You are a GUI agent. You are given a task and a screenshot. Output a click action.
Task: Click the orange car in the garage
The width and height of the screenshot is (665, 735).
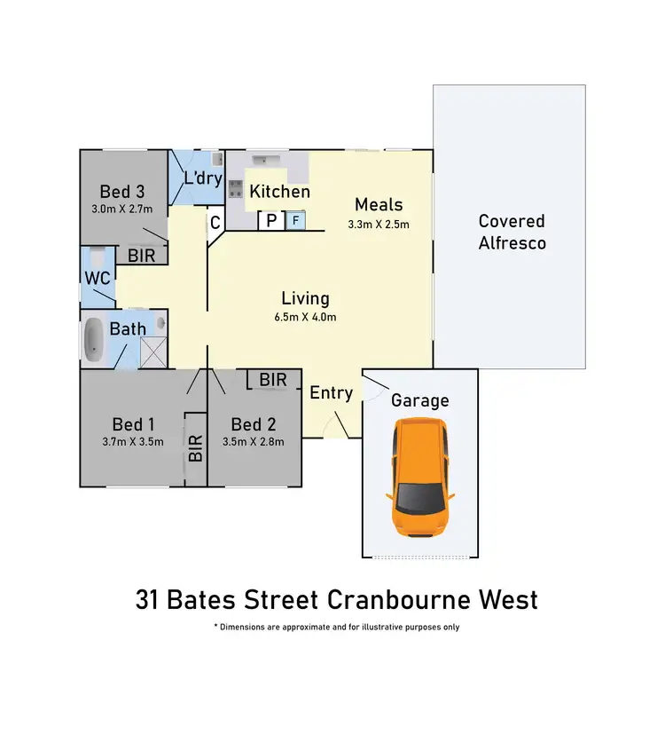pos(420,479)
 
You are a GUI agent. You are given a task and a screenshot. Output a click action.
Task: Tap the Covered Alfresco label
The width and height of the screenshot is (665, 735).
pos(512,232)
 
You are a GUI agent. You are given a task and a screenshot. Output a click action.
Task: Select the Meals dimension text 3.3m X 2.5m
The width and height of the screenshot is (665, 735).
pos(379,225)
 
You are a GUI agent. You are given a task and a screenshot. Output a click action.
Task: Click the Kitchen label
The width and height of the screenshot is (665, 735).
pos(279,192)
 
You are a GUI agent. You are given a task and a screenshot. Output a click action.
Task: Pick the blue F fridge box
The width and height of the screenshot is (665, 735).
pos(294,220)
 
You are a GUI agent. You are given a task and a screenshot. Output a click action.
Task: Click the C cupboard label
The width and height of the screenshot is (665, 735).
pos(215,222)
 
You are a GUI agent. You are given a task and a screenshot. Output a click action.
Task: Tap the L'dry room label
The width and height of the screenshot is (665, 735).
pos(202,178)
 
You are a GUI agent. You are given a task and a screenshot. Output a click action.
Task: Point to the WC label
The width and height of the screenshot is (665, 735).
pos(97,278)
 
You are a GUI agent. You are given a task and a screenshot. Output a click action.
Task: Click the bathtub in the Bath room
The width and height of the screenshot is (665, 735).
pos(93,342)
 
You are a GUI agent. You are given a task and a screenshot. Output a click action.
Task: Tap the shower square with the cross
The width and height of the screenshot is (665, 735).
pos(153,353)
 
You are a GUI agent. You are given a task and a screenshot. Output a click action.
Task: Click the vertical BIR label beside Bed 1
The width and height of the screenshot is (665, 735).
pos(196,449)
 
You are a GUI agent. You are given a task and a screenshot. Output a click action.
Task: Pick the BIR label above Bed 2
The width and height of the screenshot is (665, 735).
pos(273,380)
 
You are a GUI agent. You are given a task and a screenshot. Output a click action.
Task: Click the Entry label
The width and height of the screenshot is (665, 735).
pos(332,392)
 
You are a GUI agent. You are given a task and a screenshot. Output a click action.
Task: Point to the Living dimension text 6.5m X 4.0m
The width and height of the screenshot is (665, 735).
pos(305,317)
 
